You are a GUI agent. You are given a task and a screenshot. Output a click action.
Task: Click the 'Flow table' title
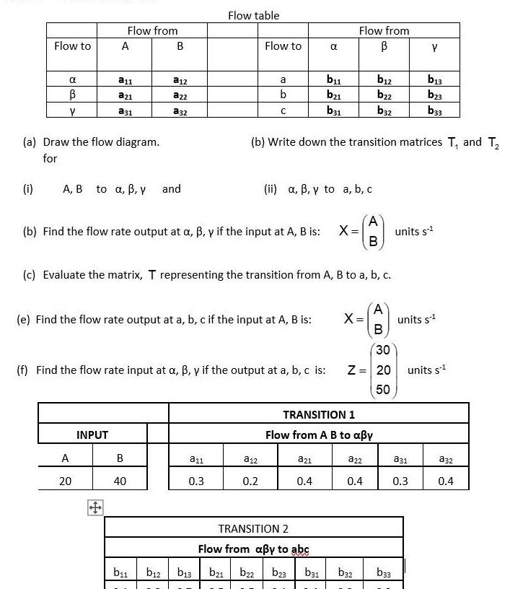pyautogui.click(x=253, y=15)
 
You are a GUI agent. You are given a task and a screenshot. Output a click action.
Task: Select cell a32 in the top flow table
pyautogui.click(x=180, y=110)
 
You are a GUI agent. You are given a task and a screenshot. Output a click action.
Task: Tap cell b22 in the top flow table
pyautogui.click(x=384, y=95)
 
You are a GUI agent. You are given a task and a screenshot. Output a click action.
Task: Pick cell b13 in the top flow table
pyautogui.click(x=434, y=80)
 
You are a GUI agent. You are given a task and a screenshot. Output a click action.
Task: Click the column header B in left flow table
pyautogui.click(x=180, y=46)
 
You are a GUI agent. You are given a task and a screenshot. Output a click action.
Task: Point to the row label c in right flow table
pyautogui.click(x=283, y=110)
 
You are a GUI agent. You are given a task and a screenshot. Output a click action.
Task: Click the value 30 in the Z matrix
pyautogui.click(x=382, y=350)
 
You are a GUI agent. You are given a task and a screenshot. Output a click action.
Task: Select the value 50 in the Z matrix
pyautogui.click(x=382, y=389)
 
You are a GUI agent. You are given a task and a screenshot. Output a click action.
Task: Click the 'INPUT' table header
pyautogui.click(x=92, y=435)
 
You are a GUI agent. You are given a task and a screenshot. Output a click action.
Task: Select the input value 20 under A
pyautogui.click(x=65, y=481)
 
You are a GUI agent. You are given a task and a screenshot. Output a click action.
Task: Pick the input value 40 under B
pyautogui.click(x=120, y=481)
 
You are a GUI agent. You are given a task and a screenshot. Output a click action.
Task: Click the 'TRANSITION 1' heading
pyautogui.click(x=319, y=414)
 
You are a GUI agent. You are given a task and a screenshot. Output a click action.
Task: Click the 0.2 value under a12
pyautogui.click(x=250, y=481)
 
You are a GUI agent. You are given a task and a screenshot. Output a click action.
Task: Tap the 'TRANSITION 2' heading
pyautogui.click(x=253, y=528)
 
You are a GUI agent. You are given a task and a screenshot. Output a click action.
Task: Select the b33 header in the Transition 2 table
pyautogui.click(x=384, y=573)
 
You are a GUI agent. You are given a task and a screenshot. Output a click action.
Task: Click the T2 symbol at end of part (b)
pyautogui.click(x=493, y=142)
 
